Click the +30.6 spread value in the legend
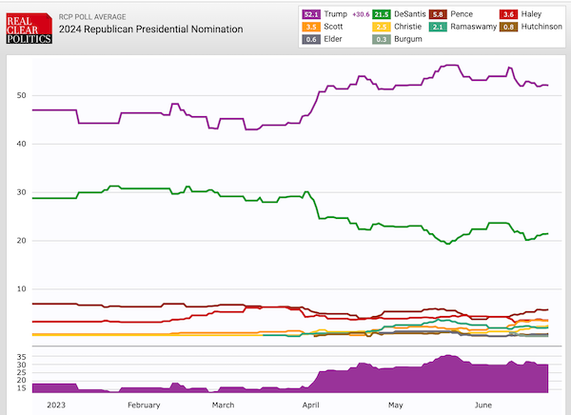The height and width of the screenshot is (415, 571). tap(362, 14)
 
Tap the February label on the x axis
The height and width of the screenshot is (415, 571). tap(143, 405)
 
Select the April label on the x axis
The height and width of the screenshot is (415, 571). tap(310, 405)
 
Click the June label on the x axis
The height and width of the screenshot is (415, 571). tap(484, 405)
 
